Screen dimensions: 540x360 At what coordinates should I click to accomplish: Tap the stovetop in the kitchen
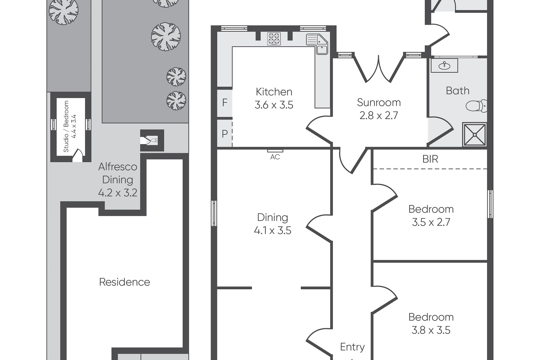point(274,39)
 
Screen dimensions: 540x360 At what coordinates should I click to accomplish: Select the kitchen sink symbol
point(317,44)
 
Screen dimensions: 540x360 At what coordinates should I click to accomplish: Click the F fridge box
point(224,103)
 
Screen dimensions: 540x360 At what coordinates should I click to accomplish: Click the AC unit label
point(275,157)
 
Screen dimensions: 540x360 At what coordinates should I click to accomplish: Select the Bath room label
point(458,91)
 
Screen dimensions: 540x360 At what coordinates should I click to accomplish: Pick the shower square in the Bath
point(475,134)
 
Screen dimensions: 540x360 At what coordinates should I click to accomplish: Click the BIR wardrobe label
point(430,159)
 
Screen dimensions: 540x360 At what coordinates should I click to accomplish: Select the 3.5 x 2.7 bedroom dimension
point(431,222)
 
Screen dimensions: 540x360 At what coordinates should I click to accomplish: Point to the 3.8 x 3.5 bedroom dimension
point(431,330)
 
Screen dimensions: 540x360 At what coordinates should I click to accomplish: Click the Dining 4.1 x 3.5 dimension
point(273,231)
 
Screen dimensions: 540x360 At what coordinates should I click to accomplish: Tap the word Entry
point(352,347)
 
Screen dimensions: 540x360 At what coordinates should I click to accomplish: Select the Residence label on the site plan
point(124,282)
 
